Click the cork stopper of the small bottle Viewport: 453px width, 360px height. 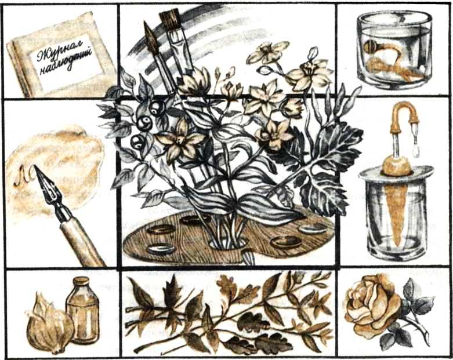(81, 282)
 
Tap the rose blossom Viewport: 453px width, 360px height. (372, 307)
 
